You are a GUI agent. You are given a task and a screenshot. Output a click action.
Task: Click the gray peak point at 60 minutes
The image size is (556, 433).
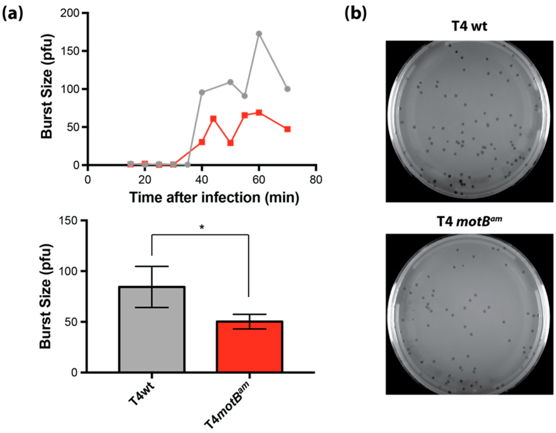point(259,34)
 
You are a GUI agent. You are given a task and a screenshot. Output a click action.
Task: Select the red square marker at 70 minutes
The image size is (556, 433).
point(287,129)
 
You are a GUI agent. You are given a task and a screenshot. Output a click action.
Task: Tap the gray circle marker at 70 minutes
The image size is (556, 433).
point(287,89)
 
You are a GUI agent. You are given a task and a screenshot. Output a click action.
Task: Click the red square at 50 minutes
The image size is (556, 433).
point(230,143)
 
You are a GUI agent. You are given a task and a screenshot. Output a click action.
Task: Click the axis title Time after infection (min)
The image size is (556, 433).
point(214,198)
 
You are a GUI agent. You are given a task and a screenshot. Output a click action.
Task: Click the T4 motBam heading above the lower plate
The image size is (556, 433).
point(469,222)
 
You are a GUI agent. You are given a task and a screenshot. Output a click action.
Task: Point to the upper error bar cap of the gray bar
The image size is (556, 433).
point(152,266)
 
